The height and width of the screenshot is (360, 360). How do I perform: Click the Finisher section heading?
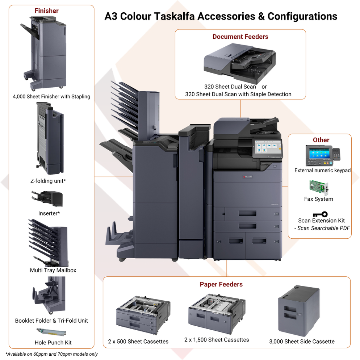pos(46,11)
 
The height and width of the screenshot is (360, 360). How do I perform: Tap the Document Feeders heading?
pos(240,37)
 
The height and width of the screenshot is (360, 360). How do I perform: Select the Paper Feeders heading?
pos(221,284)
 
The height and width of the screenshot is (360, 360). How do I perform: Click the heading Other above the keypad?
pos(321,140)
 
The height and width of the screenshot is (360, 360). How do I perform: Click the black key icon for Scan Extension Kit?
pos(320,214)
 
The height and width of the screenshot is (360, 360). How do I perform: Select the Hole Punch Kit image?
pos(51,332)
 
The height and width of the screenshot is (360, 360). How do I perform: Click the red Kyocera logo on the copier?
pos(247,177)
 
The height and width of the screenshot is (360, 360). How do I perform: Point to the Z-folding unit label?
pos(48,181)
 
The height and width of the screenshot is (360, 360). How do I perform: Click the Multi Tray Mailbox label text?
pos(53,270)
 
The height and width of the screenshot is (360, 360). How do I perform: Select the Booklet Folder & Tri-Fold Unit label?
pos(51,321)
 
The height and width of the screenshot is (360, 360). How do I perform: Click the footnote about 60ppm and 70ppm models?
pos(51,354)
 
